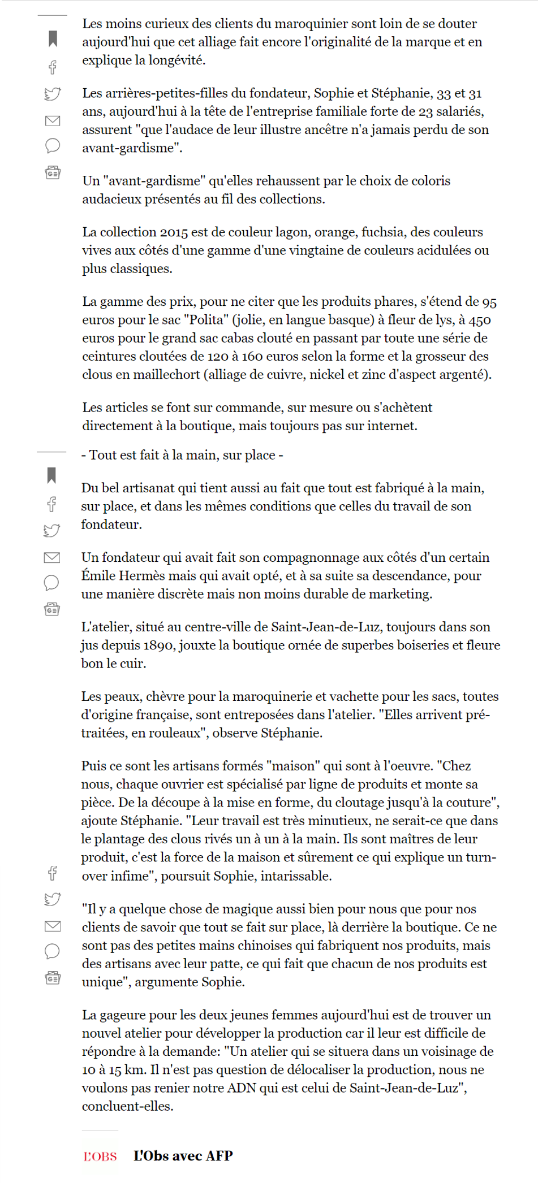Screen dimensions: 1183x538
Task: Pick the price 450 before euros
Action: coord(479,320)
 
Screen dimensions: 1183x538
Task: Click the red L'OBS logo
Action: coord(100,1156)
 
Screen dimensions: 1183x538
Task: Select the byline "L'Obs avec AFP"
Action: coord(183,1156)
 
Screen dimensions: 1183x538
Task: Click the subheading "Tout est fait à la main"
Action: coord(182,456)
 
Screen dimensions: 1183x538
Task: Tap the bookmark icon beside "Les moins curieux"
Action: coord(53,38)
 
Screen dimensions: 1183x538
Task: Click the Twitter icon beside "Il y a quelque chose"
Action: coord(53,899)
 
